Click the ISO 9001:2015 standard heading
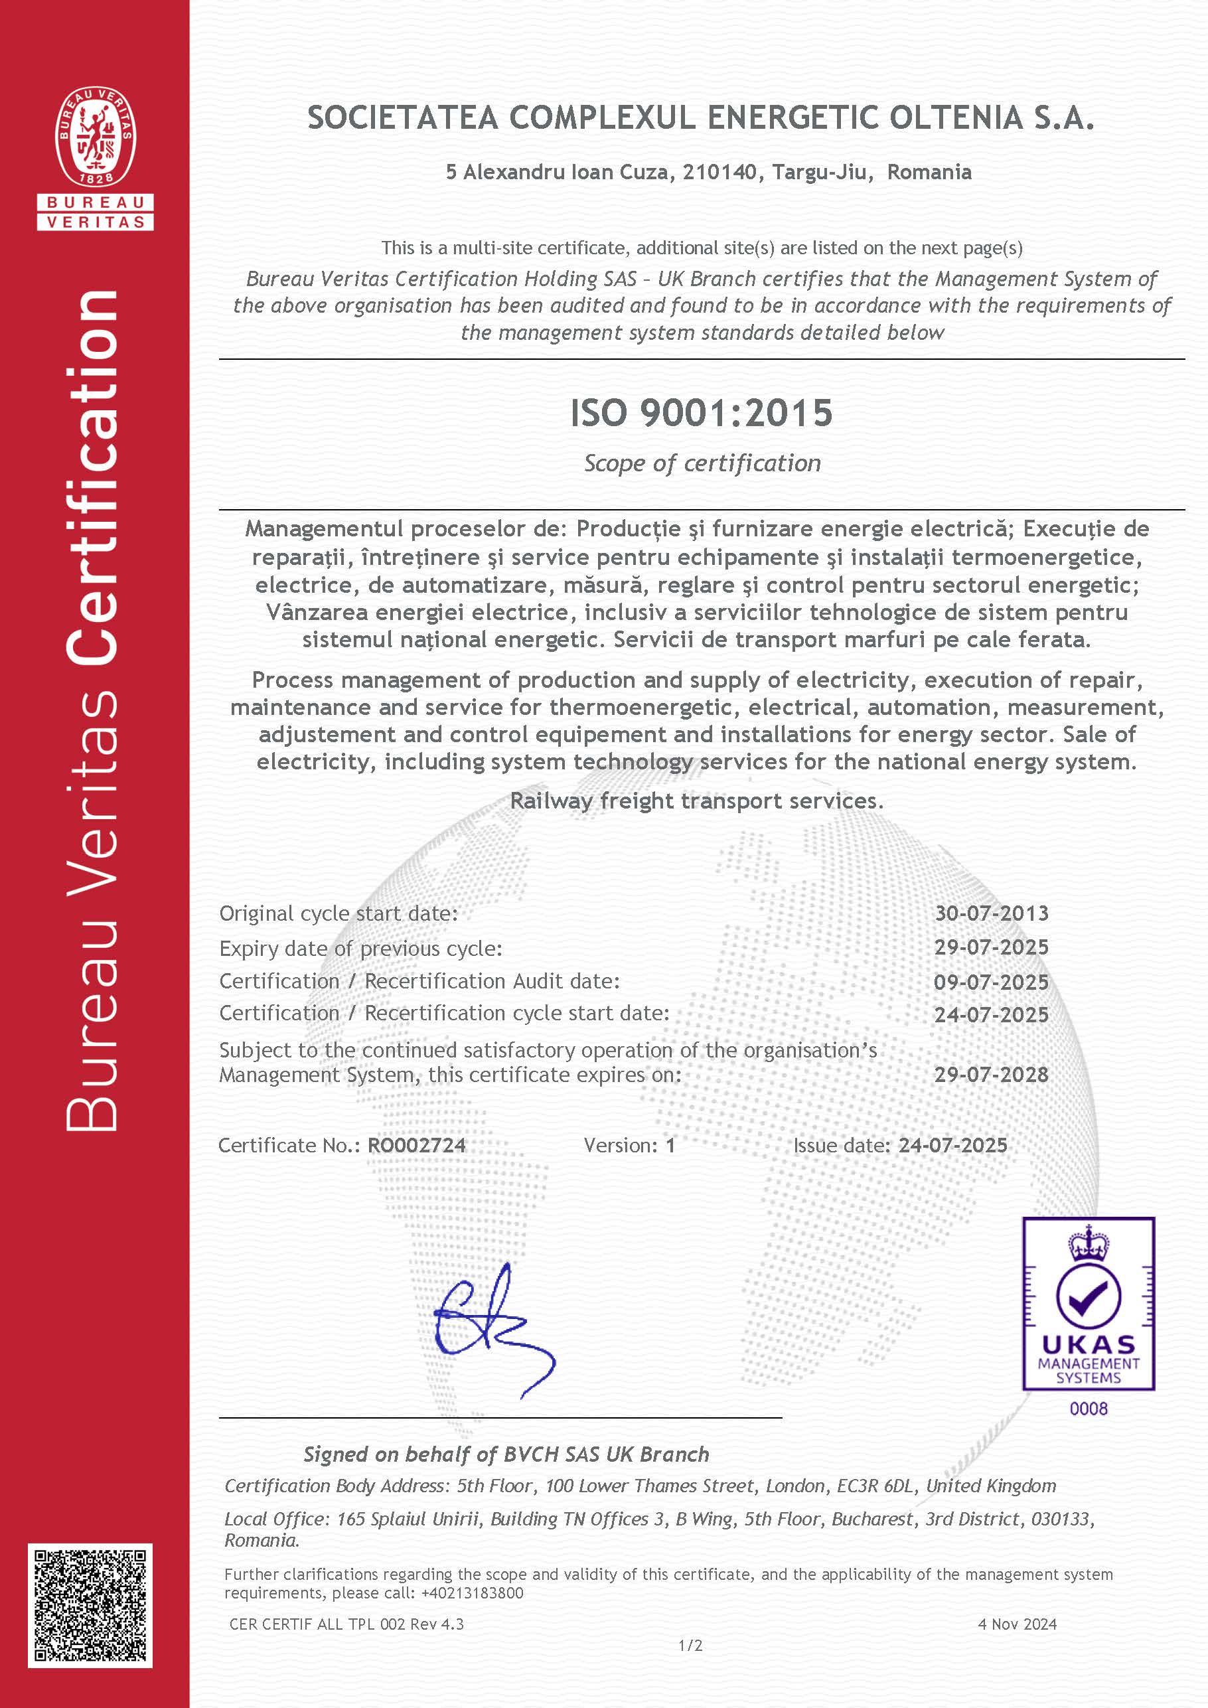(701, 414)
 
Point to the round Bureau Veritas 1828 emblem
(95, 137)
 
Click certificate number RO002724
(417, 1146)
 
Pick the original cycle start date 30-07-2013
(992, 913)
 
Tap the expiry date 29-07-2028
(992, 1075)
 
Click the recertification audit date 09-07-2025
(992, 982)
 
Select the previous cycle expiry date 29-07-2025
(992, 948)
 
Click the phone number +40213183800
(473, 1592)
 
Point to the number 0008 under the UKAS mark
(1089, 1408)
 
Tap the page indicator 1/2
(690, 1646)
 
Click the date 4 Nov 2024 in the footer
(1017, 1624)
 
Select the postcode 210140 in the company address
(720, 173)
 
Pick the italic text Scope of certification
(702, 463)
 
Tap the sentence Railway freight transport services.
(696, 801)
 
